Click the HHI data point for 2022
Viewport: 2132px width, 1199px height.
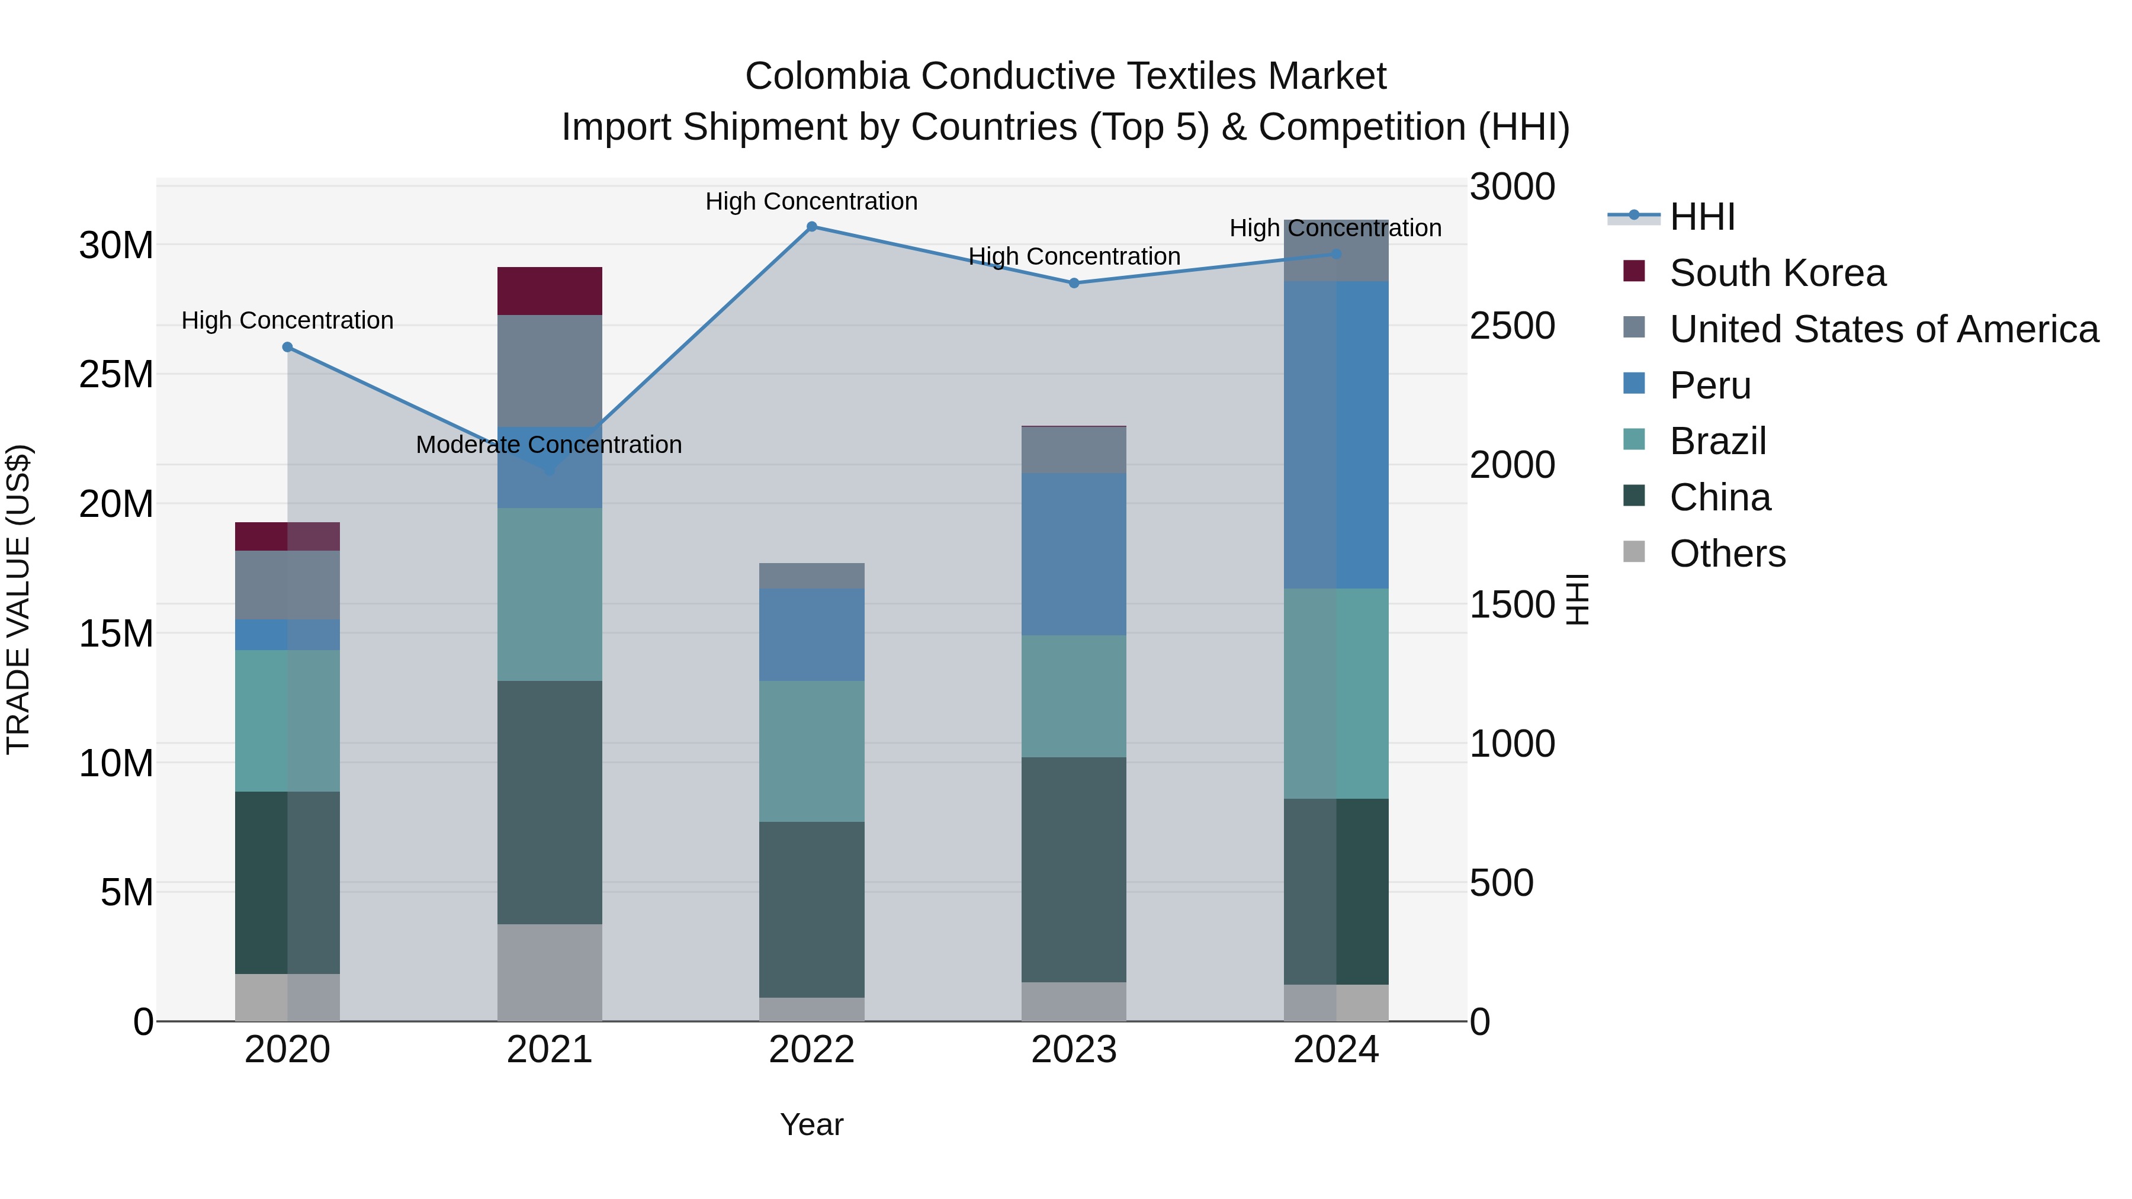click(x=811, y=227)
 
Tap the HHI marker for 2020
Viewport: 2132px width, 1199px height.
click(x=287, y=348)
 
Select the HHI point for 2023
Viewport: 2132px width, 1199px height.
click(x=1074, y=283)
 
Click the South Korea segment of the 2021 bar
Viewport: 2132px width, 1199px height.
click(x=550, y=291)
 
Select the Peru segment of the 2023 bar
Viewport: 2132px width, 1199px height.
click(x=1074, y=554)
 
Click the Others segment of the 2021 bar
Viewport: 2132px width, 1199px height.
click(x=550, y=972)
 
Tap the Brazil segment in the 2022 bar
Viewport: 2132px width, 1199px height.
click(x=811, y=751)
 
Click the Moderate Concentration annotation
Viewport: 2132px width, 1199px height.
click(x=549, y=445)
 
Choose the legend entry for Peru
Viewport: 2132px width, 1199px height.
click(x=1710, y=385)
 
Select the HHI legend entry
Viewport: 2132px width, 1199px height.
click(x=1701, y=217)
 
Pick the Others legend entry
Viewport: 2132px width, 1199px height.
click(x=1728, y=554)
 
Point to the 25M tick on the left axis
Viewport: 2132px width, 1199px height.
click(x=116, y=375)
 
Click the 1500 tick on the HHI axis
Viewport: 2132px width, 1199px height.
click(x=1512, y=605)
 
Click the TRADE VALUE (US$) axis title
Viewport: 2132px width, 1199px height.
click(x=19, y=600)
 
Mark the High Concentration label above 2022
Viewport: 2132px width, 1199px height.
click(x=811, y=202)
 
